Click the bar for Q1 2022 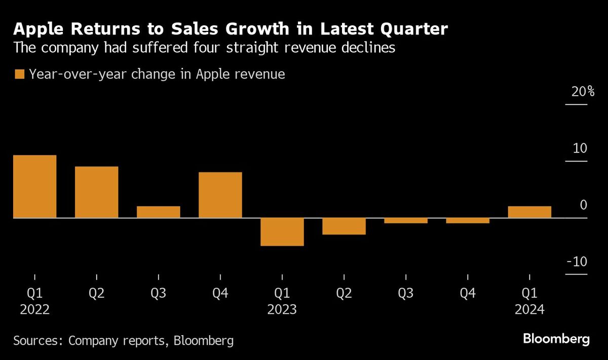tap(34, 186)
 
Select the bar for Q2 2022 tap(96, 192)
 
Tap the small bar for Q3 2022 tap(158, 212)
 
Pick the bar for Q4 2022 tap(220, 195)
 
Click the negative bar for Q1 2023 tap(282, 232)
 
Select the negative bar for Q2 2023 tap(344, 226)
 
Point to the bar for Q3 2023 tap(406, 221)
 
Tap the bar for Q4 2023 tap(468, 221)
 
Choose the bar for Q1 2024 tap(529, 212)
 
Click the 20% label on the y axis tap(577, 92)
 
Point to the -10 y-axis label tap(577, 262)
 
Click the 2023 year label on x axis tap(282, 309)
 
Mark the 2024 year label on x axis tap(529, 309)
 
